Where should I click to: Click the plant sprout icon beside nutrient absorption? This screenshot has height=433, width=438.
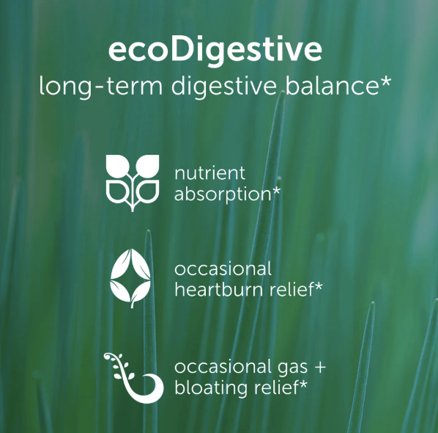(x=132, y=181)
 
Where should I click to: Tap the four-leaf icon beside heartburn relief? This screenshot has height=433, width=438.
(x=132, y=278)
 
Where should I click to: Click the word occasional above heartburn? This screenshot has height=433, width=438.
(x=223, y=268)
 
